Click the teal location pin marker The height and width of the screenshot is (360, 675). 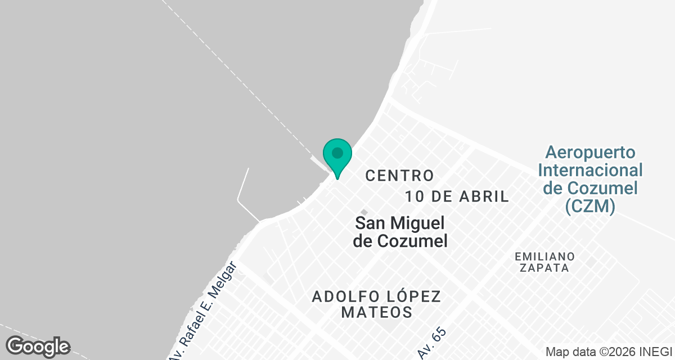(337, 155)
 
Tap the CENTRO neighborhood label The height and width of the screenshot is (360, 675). (399, 175)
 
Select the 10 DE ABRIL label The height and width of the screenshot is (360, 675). (457, 196)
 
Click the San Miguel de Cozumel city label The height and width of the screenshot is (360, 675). (400, 232)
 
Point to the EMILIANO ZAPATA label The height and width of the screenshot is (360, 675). (544, 262)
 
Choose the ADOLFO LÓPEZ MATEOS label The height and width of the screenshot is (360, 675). (376, 304)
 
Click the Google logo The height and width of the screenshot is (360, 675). (38, 346)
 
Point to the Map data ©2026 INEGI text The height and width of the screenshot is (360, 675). (609, 352)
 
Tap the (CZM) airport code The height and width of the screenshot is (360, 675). (590, 206)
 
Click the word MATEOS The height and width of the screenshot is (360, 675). (377, 312)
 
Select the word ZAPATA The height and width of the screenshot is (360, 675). (544, 268)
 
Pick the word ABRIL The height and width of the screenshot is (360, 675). (484, 196)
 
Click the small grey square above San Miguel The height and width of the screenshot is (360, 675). (363, 211)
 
